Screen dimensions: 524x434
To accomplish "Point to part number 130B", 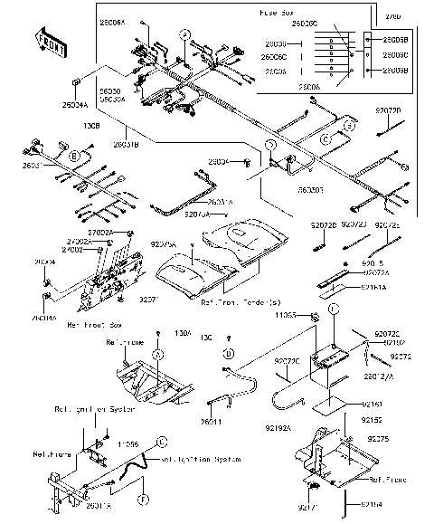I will [x=91, y=126].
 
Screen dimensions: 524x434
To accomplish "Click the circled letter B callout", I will [x=73, y=157].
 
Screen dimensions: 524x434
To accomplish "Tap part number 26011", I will [x=210, y=421].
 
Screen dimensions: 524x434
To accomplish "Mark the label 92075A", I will [x=163, y=244].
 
